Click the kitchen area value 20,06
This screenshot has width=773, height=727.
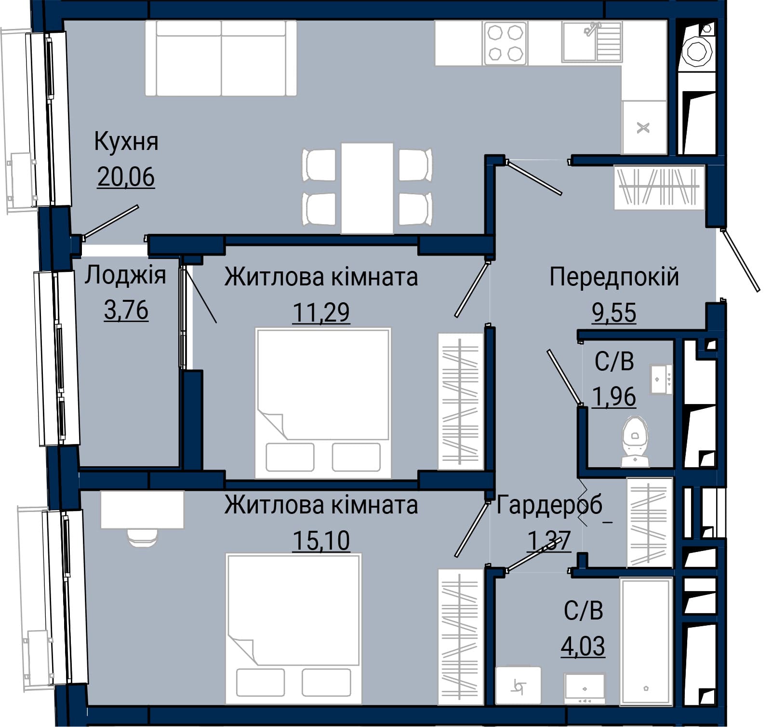[x=126, y=176]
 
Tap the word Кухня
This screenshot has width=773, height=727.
[x=126, y=142]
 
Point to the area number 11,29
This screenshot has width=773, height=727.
[x=321, y=312]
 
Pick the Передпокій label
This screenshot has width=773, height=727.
[x=614, y=277]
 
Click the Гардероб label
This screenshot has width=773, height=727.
[x=549, y=505]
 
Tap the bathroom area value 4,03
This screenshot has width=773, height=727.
[x=583, y=646]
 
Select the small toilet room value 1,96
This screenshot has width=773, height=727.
[x=614, y=397]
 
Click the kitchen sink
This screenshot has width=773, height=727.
[x=592, y=42]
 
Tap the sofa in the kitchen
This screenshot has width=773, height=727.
[x=221, y=58]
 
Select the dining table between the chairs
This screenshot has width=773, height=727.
[x=367, y=188]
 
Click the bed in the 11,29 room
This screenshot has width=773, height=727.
[x=323, y=403]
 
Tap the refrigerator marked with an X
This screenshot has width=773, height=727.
[x=644, y=128]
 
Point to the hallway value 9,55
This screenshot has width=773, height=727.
[x=614, y=312]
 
